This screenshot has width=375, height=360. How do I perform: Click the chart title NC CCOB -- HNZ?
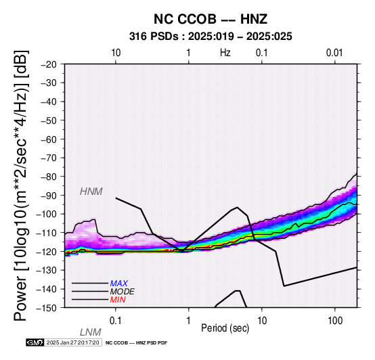211,19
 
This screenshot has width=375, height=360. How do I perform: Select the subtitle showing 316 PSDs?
211,37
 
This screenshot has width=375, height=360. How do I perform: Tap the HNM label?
91,192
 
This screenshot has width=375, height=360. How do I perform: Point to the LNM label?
91,332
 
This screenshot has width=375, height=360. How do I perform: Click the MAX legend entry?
119,284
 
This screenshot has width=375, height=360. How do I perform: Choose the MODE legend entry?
123,292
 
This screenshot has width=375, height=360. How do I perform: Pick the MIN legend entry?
118,300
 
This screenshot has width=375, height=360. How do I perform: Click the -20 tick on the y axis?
49,64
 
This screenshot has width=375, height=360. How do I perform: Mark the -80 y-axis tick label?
49,177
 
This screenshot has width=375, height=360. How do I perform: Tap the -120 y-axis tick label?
47,252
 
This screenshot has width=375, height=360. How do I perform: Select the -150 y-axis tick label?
47,308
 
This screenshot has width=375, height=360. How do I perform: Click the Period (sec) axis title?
225,328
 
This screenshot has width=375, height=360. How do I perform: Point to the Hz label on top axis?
225,53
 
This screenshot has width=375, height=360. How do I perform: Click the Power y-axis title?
20,185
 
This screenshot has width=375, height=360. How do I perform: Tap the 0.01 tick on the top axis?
334,53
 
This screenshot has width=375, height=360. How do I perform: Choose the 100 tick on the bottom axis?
335,321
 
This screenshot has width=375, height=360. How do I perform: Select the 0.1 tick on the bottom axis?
116,321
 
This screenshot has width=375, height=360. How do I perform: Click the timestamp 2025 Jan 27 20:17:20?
72,342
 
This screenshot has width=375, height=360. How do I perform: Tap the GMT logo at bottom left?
35,342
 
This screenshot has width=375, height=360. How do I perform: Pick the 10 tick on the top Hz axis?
116,53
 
